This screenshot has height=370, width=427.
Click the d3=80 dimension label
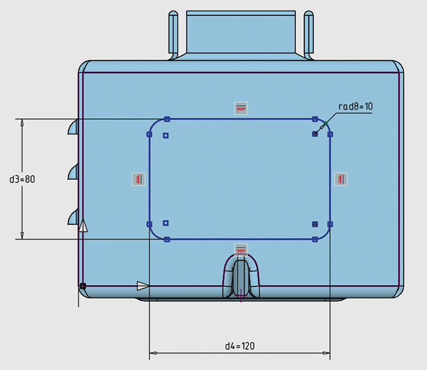point(22,179)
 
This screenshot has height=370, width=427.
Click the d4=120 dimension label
point(240,346)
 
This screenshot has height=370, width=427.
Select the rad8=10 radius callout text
point(355,107)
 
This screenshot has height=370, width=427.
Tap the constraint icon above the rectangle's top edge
point(241,108)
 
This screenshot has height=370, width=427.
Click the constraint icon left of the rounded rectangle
point(139,179)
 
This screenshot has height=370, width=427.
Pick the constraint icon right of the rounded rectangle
point(341,179)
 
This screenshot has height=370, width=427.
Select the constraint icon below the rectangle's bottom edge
point(241,249)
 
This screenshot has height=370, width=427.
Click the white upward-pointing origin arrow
point(83,226)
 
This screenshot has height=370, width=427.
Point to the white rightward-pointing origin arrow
point(143,286)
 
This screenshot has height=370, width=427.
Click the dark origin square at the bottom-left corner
point(83,286)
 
